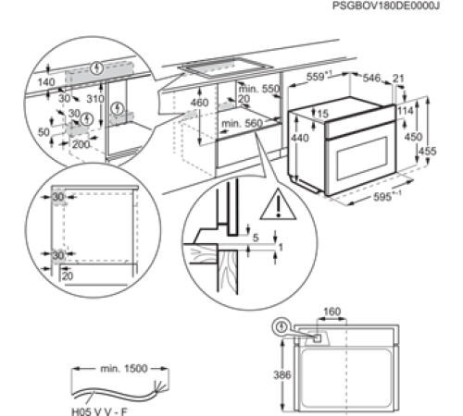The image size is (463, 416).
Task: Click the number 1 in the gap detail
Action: (282, 248)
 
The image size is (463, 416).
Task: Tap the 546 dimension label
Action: (372, 76)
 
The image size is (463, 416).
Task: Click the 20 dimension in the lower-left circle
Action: (67, 275)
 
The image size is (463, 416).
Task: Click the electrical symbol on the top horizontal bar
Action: (98, 67)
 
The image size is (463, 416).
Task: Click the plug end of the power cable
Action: (162, 383)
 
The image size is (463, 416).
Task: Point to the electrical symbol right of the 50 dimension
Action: (86, 120)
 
